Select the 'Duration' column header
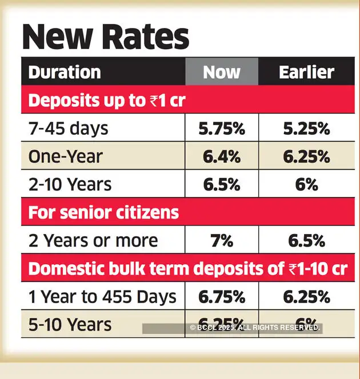[65, 72]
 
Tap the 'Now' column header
[222, 72]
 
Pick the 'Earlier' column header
[306, 72]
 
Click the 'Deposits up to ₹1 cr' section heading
[107, 100]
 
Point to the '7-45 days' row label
[68, 128]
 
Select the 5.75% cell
[222, 128]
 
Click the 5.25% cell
[307, 128]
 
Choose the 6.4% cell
[222, 156]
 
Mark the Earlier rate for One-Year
[307, 156]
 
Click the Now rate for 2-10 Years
[222, 184]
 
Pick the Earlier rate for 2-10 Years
[307, 184]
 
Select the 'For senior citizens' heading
[103, 213]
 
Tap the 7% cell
[222, 241]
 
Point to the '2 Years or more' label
[93, 241]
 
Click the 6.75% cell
[222, 297]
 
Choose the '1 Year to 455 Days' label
[102, 297]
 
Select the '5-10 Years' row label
[70, 325]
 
